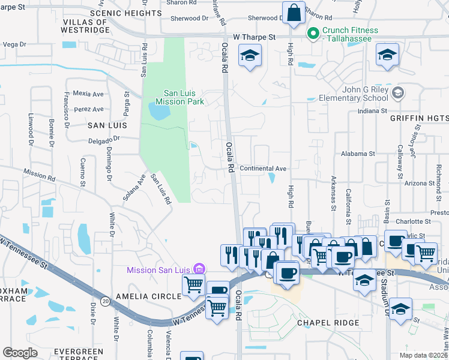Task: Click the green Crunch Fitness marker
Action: coord(312,35)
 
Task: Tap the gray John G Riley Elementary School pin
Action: coord(397,93)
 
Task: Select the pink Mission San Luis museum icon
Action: coord(200,269)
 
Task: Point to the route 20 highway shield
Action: coord(105,302)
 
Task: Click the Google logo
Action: coord(20,353)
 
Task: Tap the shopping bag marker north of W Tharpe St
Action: coord(294,13)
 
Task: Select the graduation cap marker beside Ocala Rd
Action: coord(249,57)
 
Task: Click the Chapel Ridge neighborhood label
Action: coord(328,323)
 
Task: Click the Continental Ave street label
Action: coord(263,169)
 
